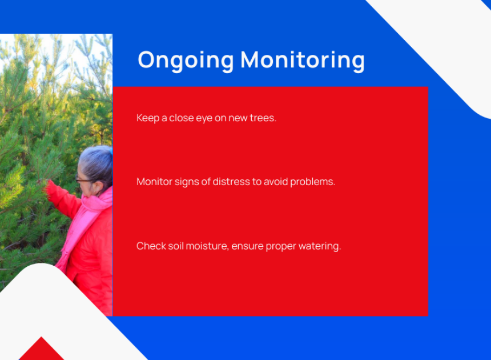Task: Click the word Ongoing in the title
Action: click(186, 61)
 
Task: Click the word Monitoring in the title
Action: click(303, 61)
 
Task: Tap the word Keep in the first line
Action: click(148, 118)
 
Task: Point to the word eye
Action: click(204, 118)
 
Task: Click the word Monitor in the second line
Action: click(154, 182)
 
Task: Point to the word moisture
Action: click(207, 246)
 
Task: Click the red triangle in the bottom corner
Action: click(41, 349)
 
